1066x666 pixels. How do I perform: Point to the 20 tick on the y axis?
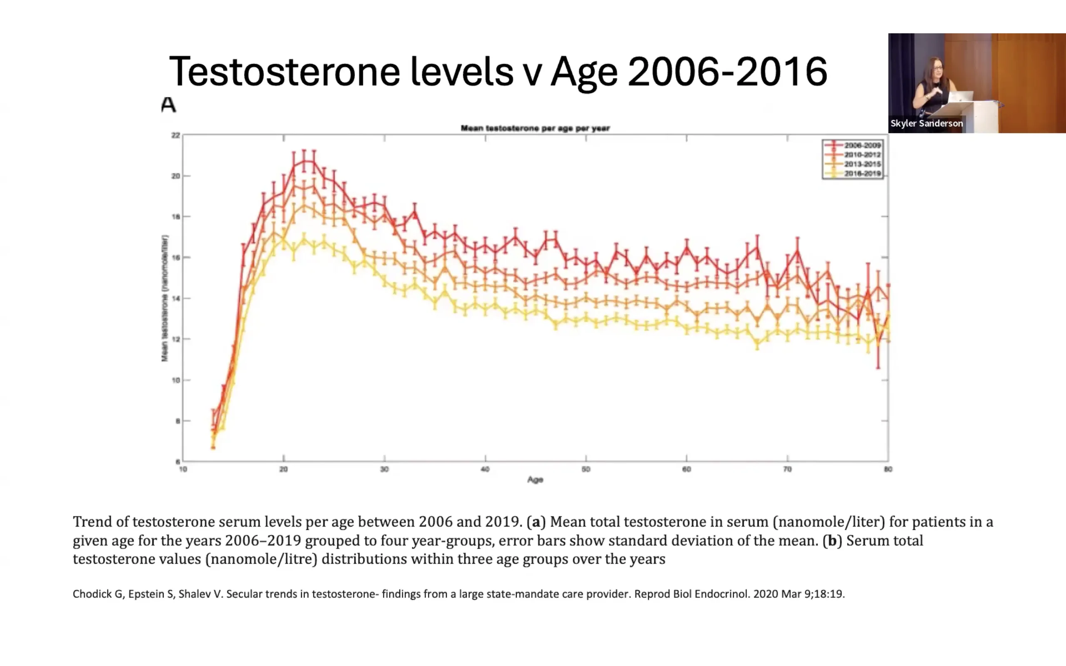coord(176,176)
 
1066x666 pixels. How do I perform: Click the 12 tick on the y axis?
coord(176,339)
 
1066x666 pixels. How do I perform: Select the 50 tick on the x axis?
coord(586,470)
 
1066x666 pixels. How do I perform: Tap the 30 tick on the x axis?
coord(385,470)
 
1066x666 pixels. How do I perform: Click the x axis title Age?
coord(535,480)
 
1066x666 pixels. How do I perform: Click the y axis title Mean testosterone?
coord(165,298)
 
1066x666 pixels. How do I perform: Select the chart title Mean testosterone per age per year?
coord(535,128)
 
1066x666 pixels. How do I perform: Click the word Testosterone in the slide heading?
coord(284,72)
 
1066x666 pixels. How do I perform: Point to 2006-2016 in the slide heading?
coord(727,72)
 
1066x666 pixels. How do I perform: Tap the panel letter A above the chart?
coord(168,105)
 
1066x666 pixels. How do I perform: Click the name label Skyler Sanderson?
coord(927,123)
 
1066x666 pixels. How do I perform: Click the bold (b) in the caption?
coord(832,540)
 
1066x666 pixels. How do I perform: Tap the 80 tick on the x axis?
coord(888,470)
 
